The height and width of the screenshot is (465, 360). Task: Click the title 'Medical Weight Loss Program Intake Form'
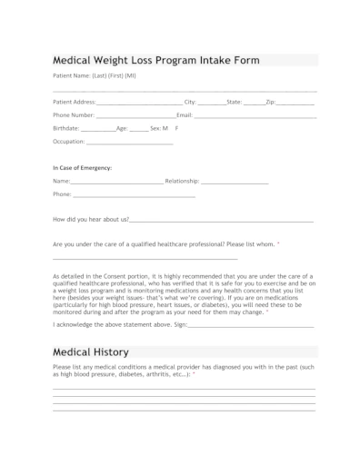point(156,61)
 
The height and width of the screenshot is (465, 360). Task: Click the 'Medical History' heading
point(91,351)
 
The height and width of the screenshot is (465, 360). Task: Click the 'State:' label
point(234,102)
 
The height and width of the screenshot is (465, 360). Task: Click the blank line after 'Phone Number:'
point(135,116)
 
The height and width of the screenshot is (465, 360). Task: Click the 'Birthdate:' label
point(66,129)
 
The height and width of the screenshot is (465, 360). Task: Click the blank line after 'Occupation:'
point(128,143)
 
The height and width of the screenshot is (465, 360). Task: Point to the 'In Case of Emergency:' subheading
point(83,169)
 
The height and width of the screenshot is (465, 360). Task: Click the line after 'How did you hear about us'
point(222,221)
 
